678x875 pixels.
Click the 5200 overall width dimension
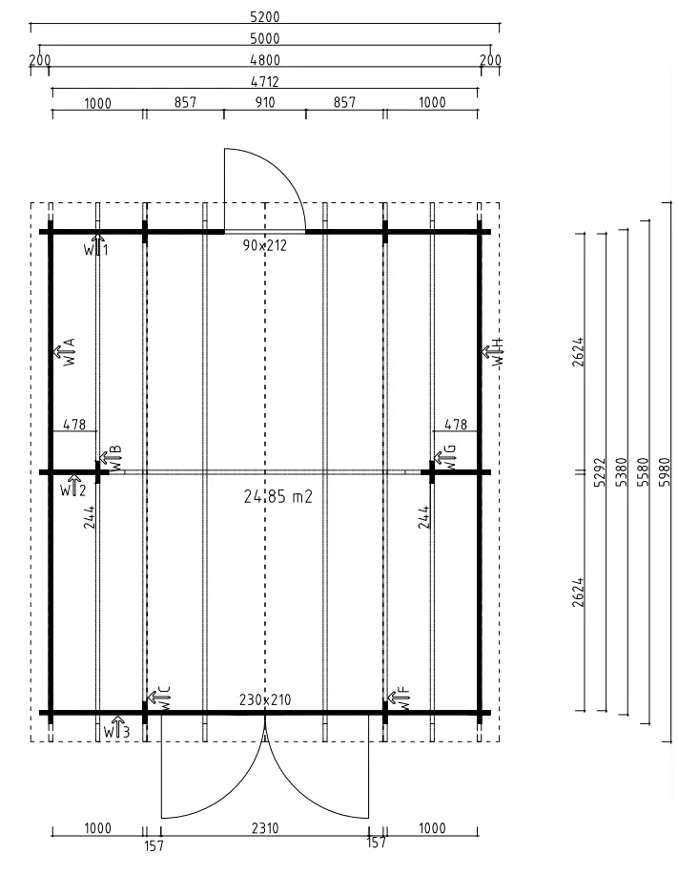pos(265,17)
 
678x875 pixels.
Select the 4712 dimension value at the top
pos(265,81)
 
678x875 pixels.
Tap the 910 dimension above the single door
pos(265,103)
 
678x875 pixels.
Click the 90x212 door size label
pos(265,245)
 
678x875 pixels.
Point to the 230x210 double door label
pos(265,699)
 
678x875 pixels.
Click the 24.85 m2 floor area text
pos(278,496)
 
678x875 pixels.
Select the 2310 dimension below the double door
pos(265,828)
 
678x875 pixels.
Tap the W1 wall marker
pos(96,246)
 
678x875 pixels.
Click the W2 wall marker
pos(73,487)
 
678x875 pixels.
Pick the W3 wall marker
pos(116,728)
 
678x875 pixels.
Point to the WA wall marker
pos(65,351)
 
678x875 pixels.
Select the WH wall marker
pos(493,351)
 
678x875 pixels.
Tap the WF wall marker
pos(400,698)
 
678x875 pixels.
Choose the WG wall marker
pos(445,458)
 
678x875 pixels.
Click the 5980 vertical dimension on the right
pos(665,472)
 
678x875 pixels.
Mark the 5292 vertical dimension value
pos(600,472)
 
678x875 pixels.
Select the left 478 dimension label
pos(74,425)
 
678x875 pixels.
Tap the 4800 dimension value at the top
pos(265,60)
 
